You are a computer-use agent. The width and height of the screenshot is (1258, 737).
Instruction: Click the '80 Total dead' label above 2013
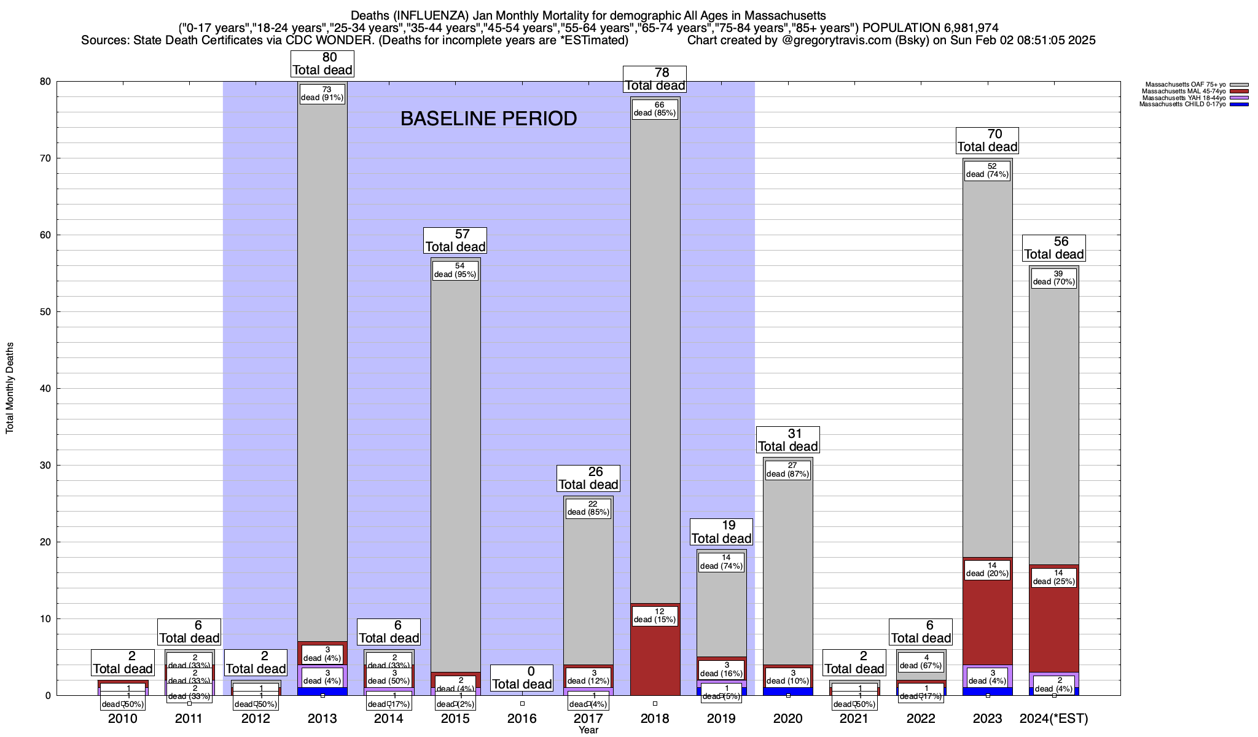[x=322, y=63]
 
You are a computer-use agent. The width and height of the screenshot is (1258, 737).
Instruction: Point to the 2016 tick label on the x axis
[x=522, y=719]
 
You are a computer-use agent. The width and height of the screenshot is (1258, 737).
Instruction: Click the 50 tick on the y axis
[x=45, y=312]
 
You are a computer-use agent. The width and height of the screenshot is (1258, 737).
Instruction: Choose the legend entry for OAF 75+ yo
[x=1186, y=85]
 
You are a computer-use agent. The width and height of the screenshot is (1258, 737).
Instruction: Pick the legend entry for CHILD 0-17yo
[x=1182, y=104]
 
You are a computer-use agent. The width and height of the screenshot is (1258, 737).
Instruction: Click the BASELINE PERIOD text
[x=488, y=119]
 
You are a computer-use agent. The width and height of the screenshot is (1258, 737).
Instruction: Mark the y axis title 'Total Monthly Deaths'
[x=10, y=388]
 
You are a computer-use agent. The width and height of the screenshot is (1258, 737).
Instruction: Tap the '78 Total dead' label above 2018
[x=655, y=79]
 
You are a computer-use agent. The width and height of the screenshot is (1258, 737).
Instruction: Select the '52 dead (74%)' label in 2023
[x=987, y=170]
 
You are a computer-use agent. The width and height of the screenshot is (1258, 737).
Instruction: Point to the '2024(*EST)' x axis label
[x=1054, y=719]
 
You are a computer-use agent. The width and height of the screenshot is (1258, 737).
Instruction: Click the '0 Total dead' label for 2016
[x=522, y=678]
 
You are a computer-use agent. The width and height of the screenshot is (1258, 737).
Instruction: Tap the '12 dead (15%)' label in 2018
[x=655, y=615]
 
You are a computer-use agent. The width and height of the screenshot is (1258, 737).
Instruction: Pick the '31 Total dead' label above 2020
[x=788, y=440]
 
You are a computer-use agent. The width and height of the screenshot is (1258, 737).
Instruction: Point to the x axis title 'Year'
[x=588, y=730]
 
